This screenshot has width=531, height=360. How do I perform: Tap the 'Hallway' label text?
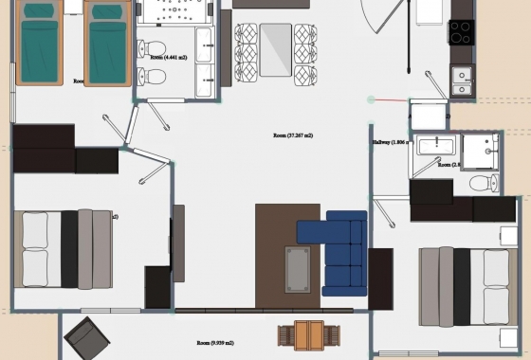click(x=381, y=142)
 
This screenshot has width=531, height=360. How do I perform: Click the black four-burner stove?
click(x=461, y=32)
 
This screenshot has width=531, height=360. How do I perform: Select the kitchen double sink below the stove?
click(x=462, y=81)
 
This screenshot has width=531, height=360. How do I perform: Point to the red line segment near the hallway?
click(x=389, y=99)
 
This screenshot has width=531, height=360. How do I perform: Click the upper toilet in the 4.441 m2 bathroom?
click(x=156, y=49)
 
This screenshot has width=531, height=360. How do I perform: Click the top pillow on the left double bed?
click(x=35, y=230)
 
